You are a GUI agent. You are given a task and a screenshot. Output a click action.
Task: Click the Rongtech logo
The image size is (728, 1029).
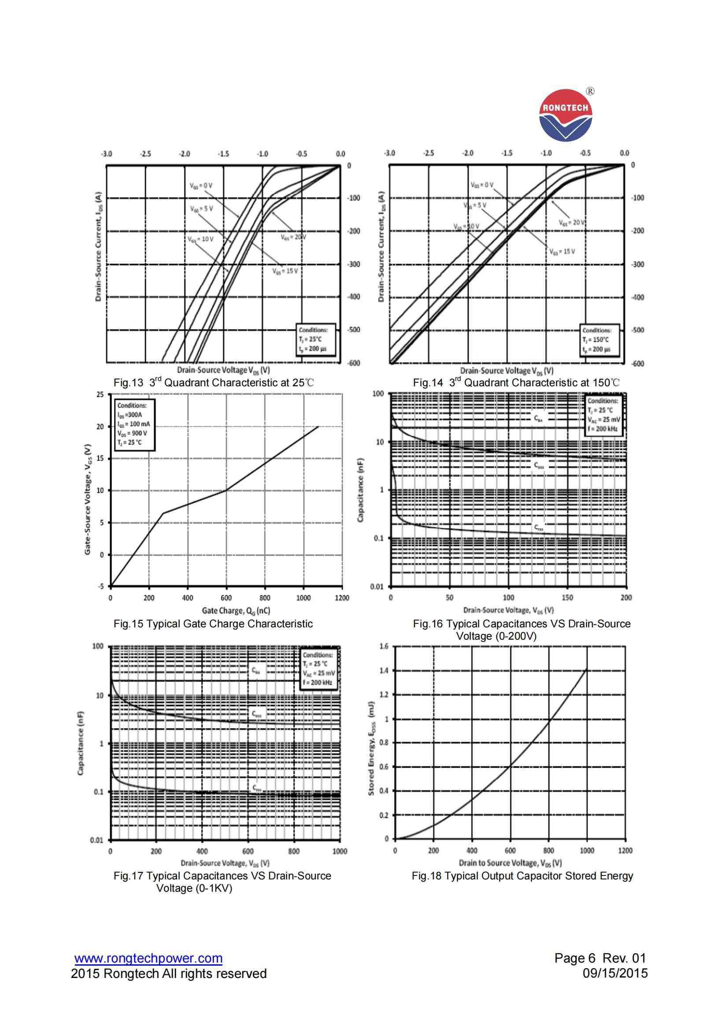(x=565, y=115)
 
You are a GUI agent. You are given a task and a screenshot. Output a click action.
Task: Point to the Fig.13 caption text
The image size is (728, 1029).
(x=214, y=383)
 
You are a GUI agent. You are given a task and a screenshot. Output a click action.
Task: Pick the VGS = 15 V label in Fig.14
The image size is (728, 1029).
(x=562, y=252)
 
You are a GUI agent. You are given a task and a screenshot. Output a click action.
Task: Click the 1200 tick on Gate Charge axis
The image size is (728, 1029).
(x=342, y=598)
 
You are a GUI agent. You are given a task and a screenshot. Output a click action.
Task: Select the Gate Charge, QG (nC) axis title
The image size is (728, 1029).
(x=236, y=611)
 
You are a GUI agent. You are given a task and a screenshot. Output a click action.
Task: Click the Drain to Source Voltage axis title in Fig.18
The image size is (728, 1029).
(x=510, y=863)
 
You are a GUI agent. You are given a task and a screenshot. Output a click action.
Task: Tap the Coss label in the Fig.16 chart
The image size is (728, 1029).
(x=539, y=465)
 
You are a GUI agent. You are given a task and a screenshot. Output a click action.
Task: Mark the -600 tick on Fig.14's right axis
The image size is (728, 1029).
(x=637, y=363)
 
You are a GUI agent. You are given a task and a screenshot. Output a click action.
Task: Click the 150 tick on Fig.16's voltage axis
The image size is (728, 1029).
(x=567, y=597)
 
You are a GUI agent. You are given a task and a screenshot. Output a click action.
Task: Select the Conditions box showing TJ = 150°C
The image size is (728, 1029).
(x=599, y=341)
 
